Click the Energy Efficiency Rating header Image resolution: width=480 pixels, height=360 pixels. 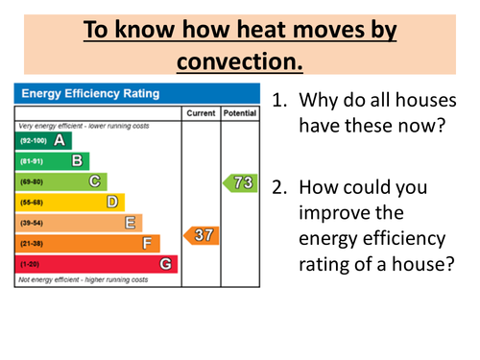tap(91, 93)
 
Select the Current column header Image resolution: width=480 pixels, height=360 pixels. tap(201, 113)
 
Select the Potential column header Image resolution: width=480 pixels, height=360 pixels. tap(239, 113)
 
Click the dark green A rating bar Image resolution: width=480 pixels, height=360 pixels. tap(44, 140)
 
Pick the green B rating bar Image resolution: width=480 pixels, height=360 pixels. tap(53, 160)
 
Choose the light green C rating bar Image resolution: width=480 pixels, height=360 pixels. tap(62, 181)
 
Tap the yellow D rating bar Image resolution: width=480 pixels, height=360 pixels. tap(71, 202)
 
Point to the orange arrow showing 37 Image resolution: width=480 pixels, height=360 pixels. tap(202, 234)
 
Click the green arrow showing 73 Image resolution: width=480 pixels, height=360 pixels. tap(240, 181)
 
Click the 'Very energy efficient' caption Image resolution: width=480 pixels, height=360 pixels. tap(81, 126)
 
